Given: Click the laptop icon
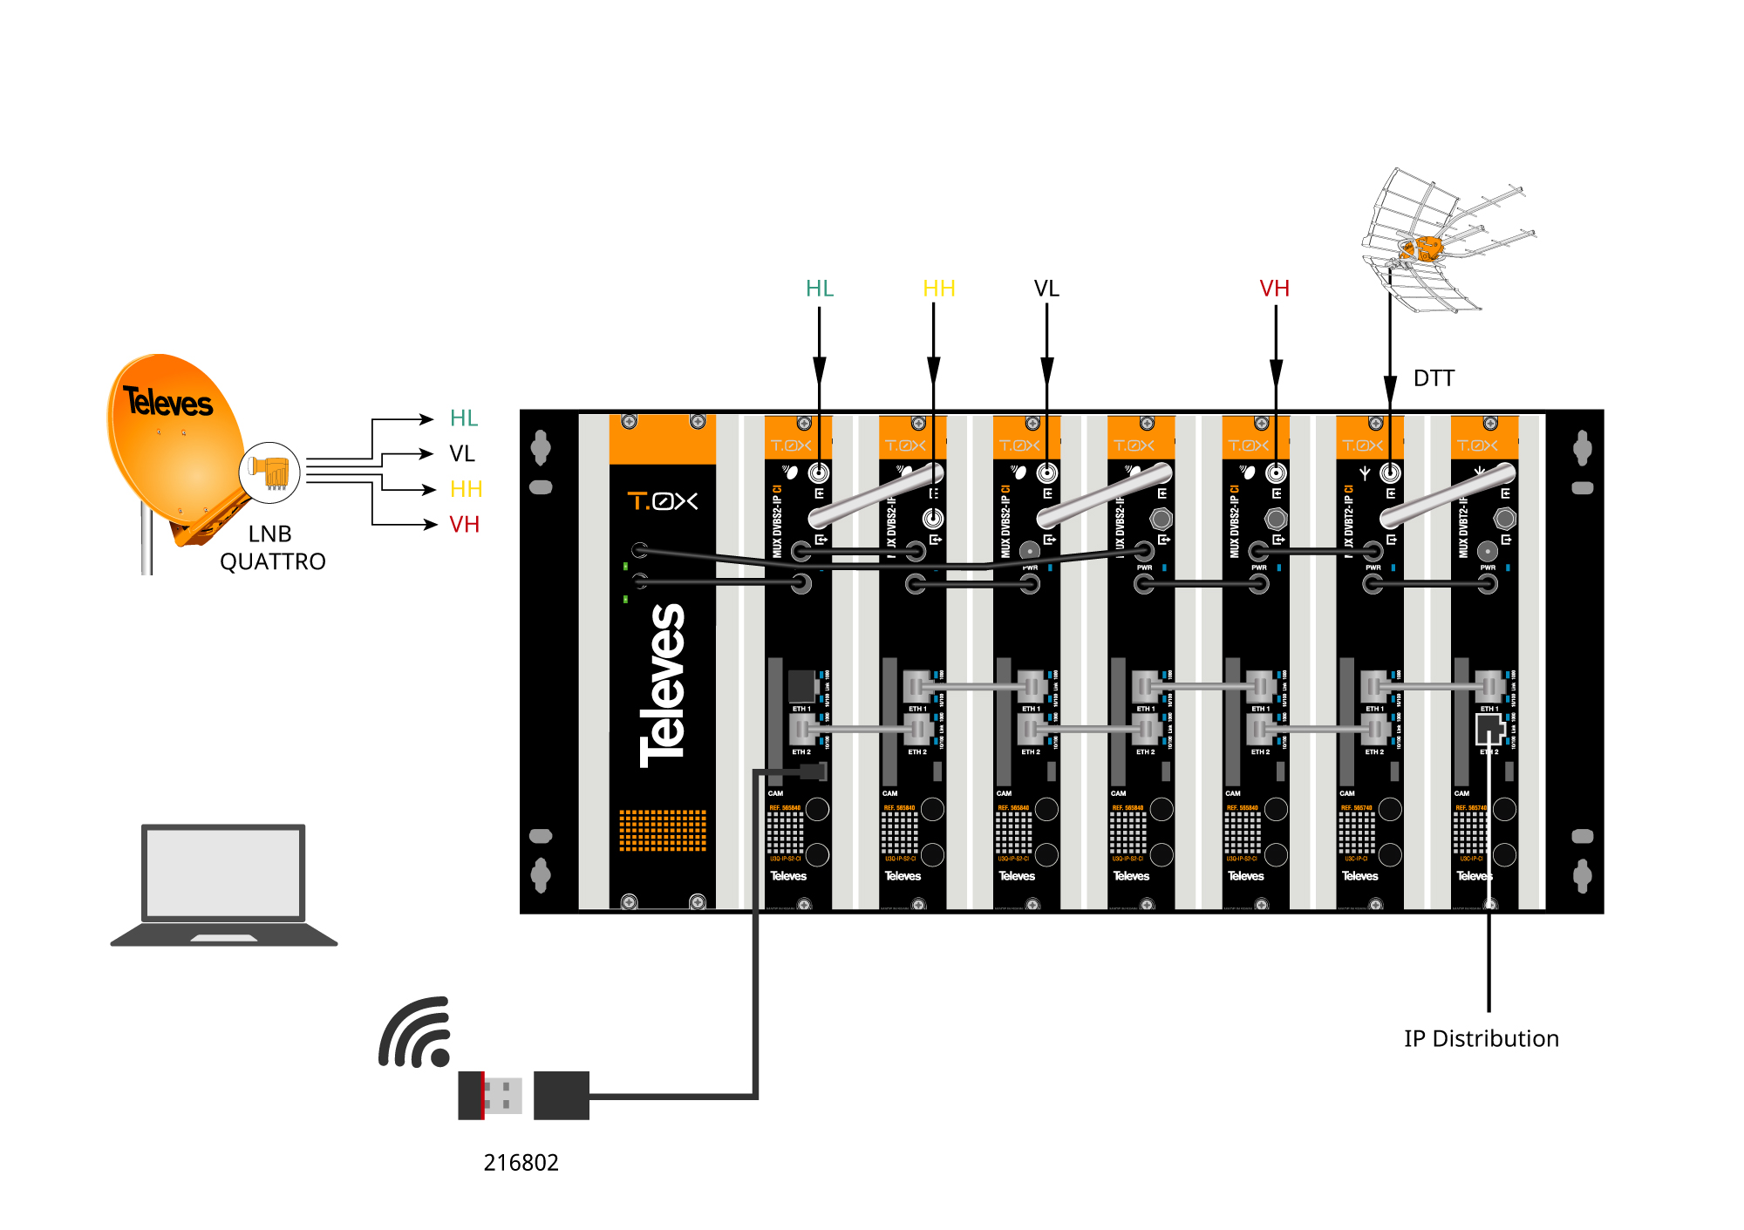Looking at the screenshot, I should (224, 884).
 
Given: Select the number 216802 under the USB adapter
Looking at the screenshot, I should (521, 1162).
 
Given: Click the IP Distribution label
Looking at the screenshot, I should (1481, 1038).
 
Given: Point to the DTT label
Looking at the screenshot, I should (1434, 378).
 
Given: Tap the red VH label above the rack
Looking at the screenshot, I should (1274, 289).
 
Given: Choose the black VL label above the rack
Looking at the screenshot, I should (1046, 289).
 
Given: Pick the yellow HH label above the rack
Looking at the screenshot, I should (938, 289).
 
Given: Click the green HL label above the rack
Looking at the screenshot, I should (820, 289).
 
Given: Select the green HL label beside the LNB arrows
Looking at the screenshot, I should (464, 418).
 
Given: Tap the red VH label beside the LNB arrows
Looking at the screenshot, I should (464, 525).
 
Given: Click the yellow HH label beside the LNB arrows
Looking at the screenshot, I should (466, 489).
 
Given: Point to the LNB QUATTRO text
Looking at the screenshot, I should (272, 547).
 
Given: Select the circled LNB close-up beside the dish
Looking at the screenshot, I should (269, 472).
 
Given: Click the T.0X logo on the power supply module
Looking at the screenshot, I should (663, 501).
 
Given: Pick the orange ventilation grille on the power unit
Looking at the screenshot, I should (663, 830).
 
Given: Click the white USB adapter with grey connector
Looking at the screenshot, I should (491, 1095).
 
